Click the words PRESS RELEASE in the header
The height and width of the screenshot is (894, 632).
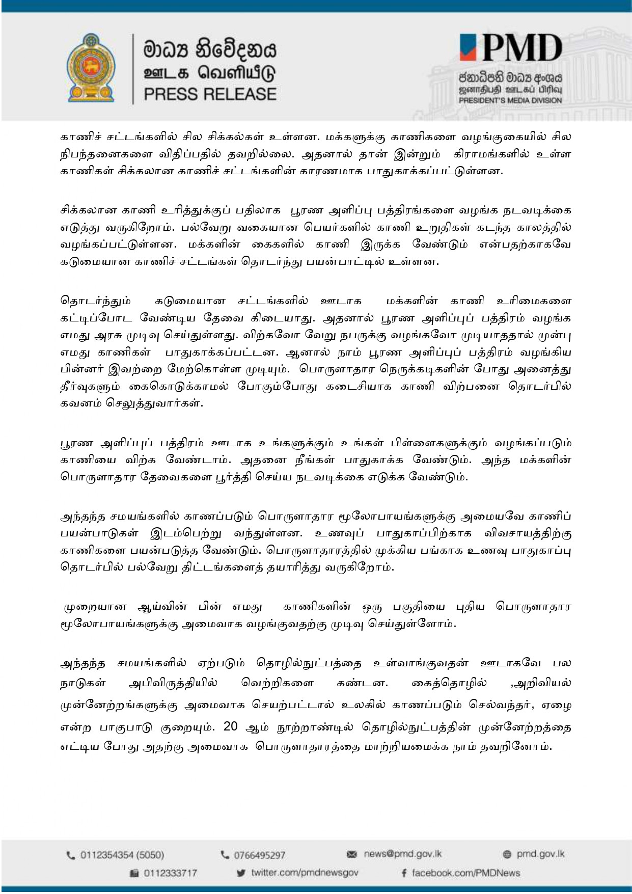[x=210, y=94]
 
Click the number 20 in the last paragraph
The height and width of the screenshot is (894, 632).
[x=231, y=726]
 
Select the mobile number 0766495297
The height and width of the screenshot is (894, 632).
[x=259, y=855]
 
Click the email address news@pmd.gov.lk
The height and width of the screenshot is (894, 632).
[x=402, y=854]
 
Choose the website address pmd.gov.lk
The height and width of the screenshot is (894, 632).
[x=540, y=854]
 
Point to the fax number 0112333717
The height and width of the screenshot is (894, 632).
[x=170, y=873]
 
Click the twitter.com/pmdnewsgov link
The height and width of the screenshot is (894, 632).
[x=305, y=873]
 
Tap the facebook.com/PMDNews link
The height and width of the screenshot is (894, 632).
[x=465, y=873]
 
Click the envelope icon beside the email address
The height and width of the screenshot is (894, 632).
[x=351, y=854]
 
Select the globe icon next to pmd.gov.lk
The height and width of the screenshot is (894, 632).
[x=506, y=854]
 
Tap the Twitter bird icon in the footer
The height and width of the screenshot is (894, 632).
[x=241, y=873]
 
